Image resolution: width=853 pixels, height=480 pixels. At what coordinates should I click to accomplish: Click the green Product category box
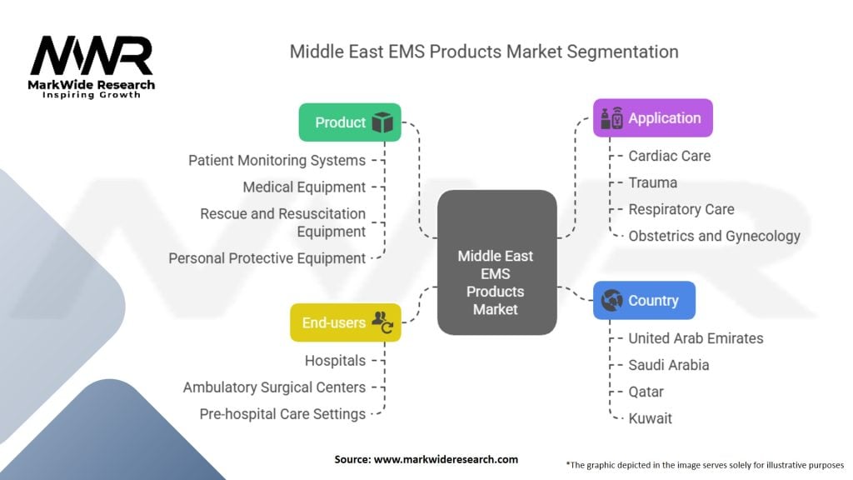click(350, 122)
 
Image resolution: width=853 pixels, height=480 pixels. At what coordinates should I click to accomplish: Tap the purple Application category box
click(652, 118)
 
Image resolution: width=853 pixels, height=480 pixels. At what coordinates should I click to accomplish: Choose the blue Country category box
click(643, 301)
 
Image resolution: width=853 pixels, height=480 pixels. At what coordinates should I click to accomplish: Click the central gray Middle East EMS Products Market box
click(496, 262)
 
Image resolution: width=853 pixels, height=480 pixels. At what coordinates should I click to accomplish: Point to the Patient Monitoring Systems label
click(277, 160)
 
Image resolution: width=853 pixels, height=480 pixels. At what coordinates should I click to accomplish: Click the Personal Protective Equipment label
click(267, 258)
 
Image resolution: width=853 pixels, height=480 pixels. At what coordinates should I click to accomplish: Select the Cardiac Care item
click(669, 156)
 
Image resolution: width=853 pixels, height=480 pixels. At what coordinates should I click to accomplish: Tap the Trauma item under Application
click(652, 182)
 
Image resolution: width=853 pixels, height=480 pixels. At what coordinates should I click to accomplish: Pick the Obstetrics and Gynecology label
click(714, 236)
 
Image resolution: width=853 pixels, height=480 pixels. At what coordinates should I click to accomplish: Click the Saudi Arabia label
click(669, 365)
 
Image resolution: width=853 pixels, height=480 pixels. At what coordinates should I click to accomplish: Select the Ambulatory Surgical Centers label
click(274, 387)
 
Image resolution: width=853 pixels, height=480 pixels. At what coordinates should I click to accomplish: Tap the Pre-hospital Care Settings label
click(282, 414)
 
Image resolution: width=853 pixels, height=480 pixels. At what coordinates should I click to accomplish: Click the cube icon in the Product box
click(382, 122)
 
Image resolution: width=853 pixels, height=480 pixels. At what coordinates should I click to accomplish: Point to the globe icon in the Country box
click(612, 301)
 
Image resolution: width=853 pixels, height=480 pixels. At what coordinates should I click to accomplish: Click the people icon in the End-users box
click(382, 322)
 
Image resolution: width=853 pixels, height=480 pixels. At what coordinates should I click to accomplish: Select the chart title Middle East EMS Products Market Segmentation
click(484, 52)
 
